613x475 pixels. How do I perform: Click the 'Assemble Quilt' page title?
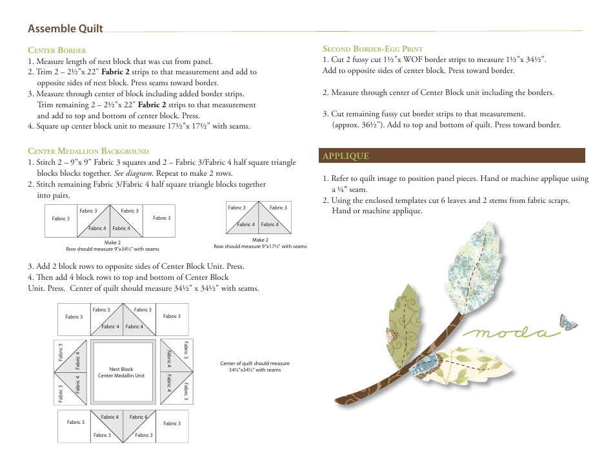[65, 28]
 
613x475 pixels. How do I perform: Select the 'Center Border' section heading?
[57, 50]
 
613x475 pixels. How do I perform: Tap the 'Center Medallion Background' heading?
[88, 151]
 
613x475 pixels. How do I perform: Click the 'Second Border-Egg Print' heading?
[372, 48]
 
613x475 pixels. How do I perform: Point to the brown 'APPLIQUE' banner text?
[346, 156]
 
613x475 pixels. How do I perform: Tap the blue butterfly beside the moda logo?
[568, 322]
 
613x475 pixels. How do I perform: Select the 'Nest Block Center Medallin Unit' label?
[121, 372]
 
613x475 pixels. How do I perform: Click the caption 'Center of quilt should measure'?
[255, 363]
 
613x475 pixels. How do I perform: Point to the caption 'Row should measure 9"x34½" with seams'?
[112, 249]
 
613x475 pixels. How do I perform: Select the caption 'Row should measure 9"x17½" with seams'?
[260, 246]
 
